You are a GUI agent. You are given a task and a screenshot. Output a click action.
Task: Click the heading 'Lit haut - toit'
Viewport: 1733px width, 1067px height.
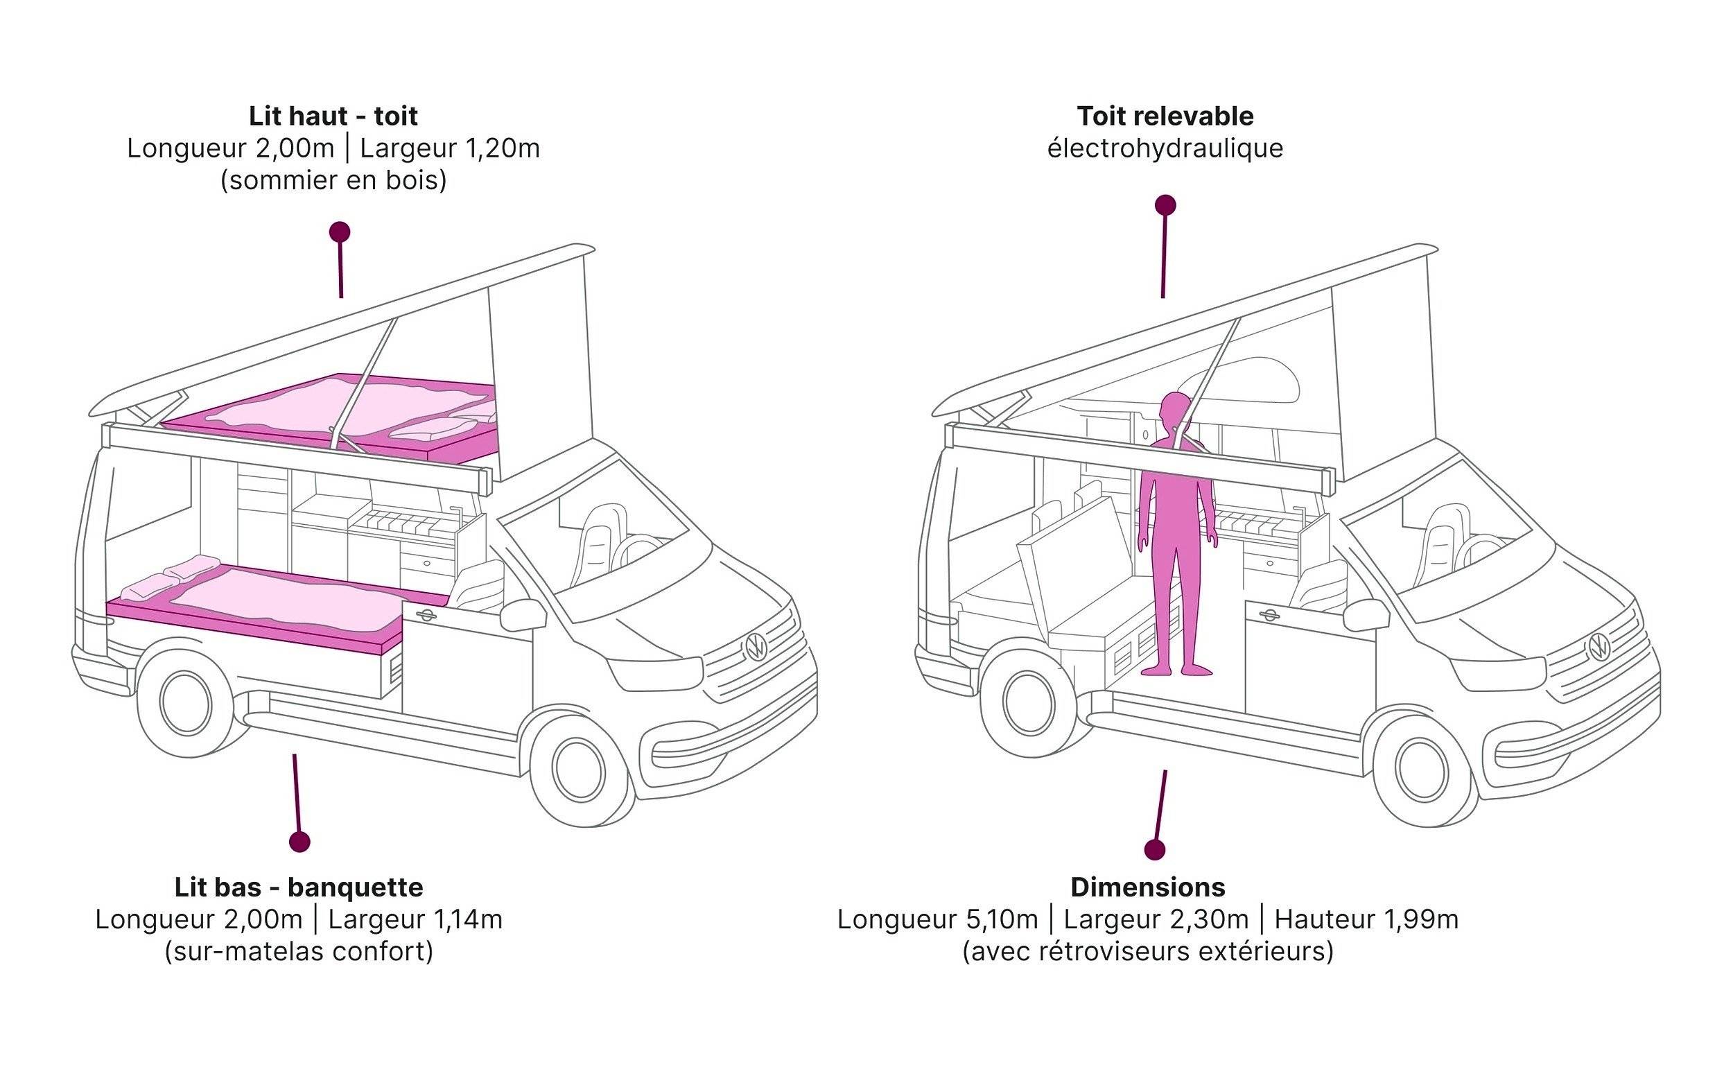[333, 116]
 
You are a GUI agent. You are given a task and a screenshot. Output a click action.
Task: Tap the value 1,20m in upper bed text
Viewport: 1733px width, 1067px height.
[502, 149]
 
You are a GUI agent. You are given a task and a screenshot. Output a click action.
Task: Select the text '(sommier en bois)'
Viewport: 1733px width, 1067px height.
[333, 181]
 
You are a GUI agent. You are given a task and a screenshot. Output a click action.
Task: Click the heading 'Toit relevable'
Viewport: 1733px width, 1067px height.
[1165, 116]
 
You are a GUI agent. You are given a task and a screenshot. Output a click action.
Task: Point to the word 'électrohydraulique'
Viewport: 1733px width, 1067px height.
[1165, 149]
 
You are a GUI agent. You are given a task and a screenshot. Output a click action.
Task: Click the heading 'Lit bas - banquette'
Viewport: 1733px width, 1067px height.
[299, 887]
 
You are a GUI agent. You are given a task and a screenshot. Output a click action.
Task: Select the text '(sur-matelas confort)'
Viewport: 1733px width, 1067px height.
[299, 952]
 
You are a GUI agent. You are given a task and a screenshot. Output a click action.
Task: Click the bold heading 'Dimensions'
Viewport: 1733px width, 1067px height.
[1147, 887]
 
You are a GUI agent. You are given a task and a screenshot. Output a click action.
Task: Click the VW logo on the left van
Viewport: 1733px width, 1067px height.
[756, 647]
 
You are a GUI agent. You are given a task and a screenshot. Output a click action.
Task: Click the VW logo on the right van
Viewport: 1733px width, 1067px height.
[1599, 647]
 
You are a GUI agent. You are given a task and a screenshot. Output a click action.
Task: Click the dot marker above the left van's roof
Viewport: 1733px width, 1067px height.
[340, 232]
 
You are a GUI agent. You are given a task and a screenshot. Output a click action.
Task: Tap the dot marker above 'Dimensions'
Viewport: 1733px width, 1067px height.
[1154, 850]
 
